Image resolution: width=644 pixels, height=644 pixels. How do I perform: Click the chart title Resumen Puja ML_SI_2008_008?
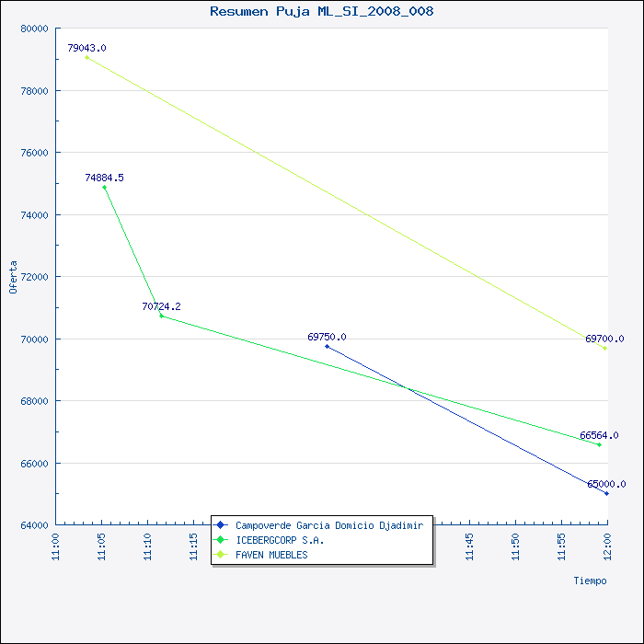pos(321,11)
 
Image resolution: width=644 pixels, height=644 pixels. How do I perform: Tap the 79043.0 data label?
pos(86,48)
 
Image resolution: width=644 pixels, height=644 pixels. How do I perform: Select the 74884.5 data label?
pos(104,178)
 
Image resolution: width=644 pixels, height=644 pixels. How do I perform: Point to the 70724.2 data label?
pos(161,306)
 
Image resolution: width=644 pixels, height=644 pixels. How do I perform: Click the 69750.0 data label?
pos(327,337)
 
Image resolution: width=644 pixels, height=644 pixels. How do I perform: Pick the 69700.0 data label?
pos(604,339)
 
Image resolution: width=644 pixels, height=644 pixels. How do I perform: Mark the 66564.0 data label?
pos(599,435)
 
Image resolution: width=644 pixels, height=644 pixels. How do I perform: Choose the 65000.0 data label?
pos(606,484)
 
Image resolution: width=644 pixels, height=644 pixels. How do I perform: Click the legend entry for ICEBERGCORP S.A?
pos(280,540)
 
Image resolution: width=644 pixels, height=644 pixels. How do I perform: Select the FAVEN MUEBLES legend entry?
pos(271,555)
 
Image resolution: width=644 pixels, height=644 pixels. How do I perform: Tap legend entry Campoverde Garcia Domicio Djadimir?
pos(328,525)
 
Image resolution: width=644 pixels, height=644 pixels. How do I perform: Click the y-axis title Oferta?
pos(13,277)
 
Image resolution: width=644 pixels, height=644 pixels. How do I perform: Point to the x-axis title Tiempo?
pos(590,581)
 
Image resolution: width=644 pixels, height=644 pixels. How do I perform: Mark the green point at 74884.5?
pos(104,188)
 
